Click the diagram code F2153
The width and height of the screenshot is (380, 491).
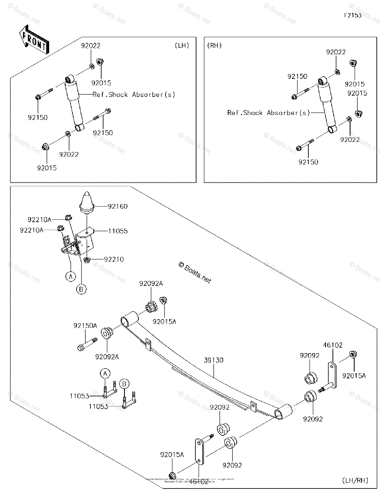coord(353,16)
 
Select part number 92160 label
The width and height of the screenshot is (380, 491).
coord(118,207)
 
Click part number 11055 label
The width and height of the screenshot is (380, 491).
coord(118,231)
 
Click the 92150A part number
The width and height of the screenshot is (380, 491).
coord(85,326)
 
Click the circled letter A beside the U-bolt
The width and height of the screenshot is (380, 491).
coord(105,373)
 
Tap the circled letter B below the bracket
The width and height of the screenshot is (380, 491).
coord(81,289)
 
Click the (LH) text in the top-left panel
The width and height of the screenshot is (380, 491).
coord(181,45)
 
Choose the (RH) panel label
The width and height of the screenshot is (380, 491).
coord(215,45)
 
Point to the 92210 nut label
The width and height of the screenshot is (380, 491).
coord(113,259)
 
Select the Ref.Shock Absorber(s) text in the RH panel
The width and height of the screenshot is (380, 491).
coord(269,113)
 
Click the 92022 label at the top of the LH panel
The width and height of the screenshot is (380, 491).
coord(90,46)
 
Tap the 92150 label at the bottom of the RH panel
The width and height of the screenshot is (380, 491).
coord(308,162)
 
